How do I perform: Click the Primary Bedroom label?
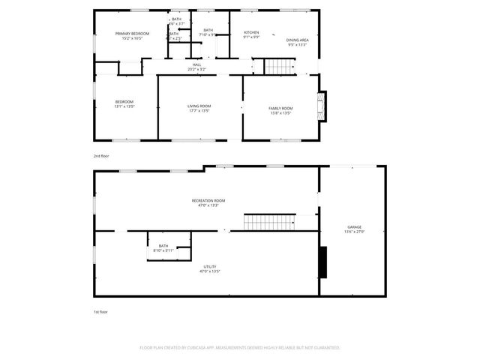132,34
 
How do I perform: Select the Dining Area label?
298,40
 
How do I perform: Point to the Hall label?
197,64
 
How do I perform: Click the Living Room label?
199,106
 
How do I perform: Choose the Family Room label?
280,109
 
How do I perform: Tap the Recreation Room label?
208,200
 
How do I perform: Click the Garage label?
354,226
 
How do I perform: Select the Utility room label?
210,267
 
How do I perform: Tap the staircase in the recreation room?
269,222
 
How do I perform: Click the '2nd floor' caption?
101,156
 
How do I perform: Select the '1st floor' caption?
100,311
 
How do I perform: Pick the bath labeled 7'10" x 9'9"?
208,32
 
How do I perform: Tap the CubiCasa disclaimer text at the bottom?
240,348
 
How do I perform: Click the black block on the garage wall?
323,262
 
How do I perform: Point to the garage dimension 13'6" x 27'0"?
354,232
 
